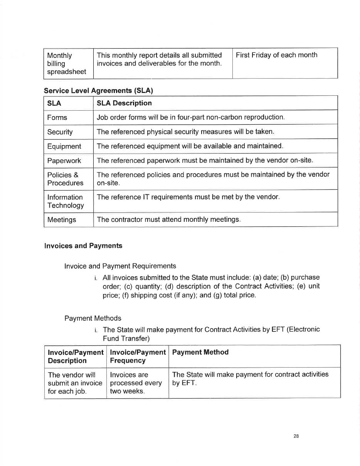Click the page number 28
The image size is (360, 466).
pyautogui.click(x=296, y=436)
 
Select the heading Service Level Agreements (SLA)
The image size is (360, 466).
pyautogui.click(x=98, y=91)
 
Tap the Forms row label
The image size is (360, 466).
pyautogui.click(x=57, y=118)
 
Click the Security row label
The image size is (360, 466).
pyautogui.click(x=60, y=132)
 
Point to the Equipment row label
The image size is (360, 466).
pyautogui.click(x=64, y=146)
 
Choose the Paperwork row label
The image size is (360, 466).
pyautogui.click(x=64, y=160)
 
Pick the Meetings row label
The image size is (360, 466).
pyautogui.click(x=62, y=220)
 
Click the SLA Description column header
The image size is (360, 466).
pyautogui.click(x=124, y=103)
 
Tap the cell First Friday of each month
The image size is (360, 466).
pyautogui.click(x=276, y=55)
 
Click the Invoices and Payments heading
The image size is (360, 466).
pyautogui.click(x=83, y=246)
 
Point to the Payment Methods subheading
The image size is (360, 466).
pyautogui.click(x=93, y=318)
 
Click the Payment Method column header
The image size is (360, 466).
pyautogui.click(x=200, y=352)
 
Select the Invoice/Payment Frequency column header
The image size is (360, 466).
pyautogui.click(x=138, y=356)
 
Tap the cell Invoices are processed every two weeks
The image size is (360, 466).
pyautogui.click(x=135, y=383)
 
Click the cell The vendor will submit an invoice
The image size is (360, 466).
pyautogui.click(x=75, y=383)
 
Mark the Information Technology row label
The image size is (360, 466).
pyautogui.click(x=65, y=201)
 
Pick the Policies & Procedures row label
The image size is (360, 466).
pyautogui.click(x=65, y=179)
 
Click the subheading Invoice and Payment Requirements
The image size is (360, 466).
pyautogui.click(x=120, y=266)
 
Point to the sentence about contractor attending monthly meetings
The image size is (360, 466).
pyautogui.click(x=168, y=220)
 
